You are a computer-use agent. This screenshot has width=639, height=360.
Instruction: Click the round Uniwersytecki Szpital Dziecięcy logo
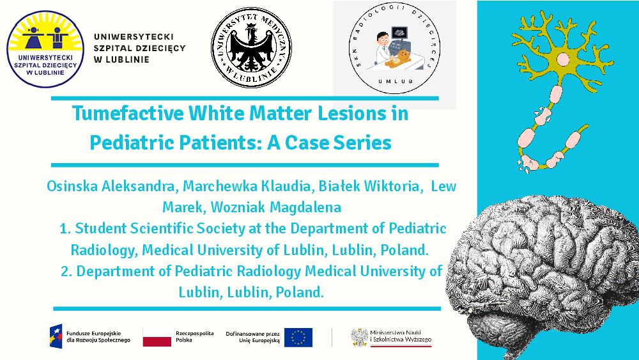[45, 49]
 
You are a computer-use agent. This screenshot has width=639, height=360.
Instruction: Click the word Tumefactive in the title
[128, 113]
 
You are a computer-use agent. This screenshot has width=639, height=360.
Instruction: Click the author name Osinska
[72, 186]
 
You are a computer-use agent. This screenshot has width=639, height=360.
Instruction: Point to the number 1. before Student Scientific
[65, 229]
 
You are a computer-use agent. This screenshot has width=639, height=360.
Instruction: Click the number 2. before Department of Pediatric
[66, 271]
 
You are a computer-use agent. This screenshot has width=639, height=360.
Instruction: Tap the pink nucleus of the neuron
[563, 59]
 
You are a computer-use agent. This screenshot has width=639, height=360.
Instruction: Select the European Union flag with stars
[298, 337]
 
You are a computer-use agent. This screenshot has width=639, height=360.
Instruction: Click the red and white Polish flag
[157, 337]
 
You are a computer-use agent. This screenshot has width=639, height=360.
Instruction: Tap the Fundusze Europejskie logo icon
[56, 336]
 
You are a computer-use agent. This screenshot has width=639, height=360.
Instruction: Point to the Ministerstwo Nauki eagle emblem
[359, 337]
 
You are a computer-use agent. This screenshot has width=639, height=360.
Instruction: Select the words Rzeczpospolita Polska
[195, 337]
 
